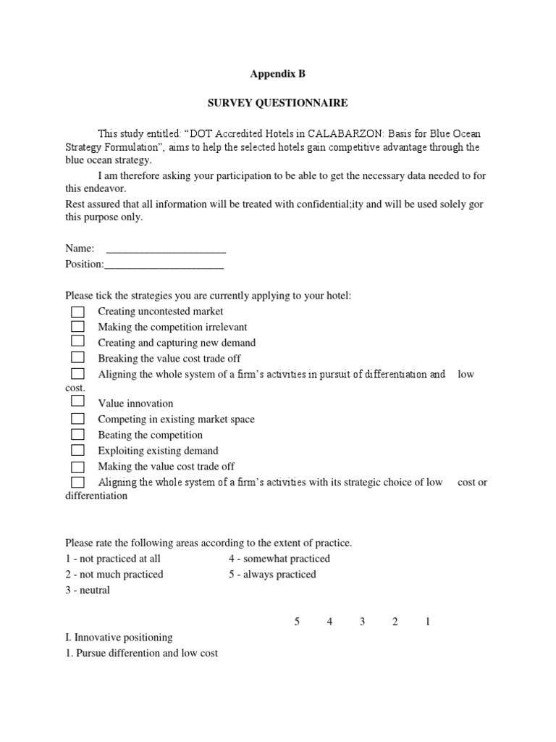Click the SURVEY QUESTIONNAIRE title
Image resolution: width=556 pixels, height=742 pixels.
pos(278,103)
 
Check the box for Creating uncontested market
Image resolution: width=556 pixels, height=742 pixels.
pos(77,312)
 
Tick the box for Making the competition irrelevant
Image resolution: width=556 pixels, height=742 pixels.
pos(77,327)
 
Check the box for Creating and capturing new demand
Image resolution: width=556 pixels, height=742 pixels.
pos(77,342)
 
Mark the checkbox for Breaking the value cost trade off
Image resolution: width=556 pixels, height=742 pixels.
pos(77,358)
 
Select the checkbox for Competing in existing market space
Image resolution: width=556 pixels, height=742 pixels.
pos(77,419)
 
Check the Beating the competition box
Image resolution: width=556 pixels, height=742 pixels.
pos(77,435)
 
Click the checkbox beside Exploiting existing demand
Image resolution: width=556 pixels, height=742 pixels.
pos(77,451)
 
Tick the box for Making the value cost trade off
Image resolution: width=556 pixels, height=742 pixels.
pos(77,467)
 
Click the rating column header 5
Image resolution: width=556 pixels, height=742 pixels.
pos(297,622)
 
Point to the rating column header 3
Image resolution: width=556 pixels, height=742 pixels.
pos(362,622)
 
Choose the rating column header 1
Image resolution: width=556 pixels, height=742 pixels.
pos(428,622)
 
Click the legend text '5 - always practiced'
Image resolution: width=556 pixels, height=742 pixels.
pos(272,575)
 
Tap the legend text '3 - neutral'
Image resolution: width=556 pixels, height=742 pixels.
pos(88,591)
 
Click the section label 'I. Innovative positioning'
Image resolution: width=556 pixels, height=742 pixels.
pos(119,638)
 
